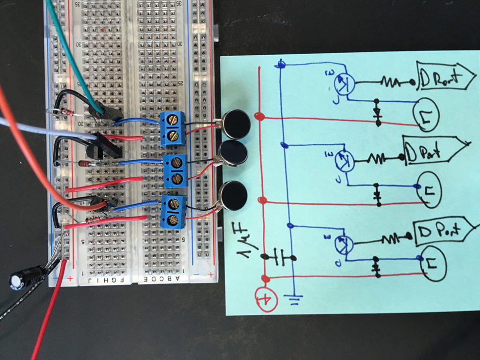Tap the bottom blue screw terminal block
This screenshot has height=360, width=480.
point(173,211)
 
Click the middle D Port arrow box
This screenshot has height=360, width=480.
point(434,153)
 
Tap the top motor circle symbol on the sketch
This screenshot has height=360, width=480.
point(425,113)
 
